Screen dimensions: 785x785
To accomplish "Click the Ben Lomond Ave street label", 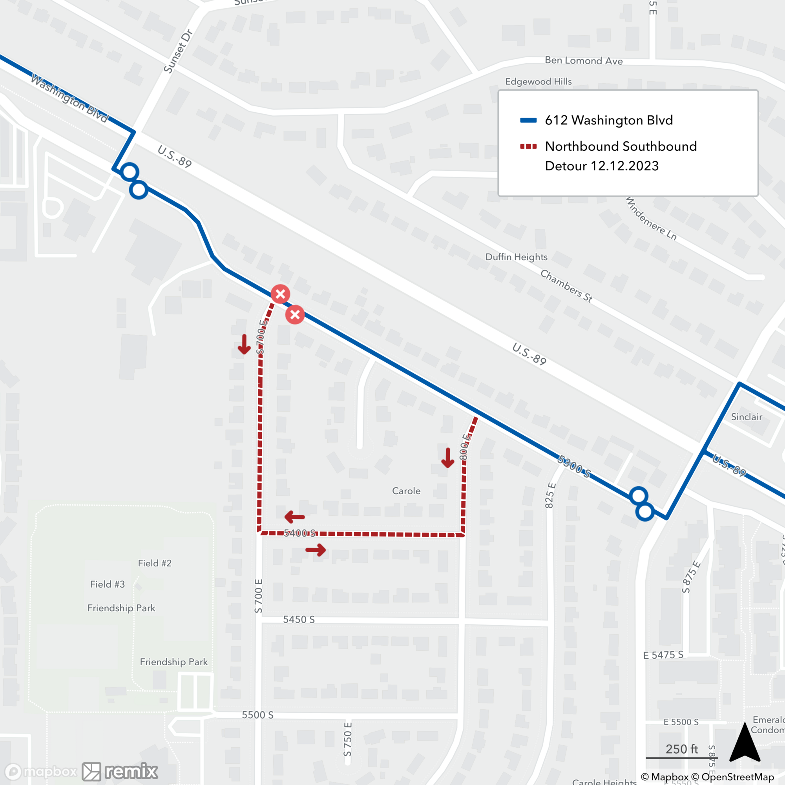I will tap(584, 60).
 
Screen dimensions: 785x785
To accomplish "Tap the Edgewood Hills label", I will tap(539, 82).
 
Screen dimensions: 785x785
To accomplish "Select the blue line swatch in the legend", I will tap(528, 120).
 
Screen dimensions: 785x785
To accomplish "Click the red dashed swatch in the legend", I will tap(528, 146).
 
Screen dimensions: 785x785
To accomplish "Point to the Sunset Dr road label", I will tap(177, 51).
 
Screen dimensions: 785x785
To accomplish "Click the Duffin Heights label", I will tap(517, 257).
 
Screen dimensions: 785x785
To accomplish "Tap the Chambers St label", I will tap(566, 286).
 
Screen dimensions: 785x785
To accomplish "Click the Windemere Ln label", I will tap(650, 219).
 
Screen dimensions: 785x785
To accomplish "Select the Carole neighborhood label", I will tap(406, 491).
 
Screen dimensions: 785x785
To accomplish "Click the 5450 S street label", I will tap(299, 619).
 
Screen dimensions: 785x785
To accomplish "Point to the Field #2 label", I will tap(154, 563).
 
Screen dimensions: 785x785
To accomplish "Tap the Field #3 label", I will tap(107, 584).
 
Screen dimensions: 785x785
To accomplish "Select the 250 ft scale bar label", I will tap(681, 748).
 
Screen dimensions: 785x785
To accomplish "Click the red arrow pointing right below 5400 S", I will tap(316, 550).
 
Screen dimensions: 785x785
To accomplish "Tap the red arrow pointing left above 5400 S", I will tap(295, 517).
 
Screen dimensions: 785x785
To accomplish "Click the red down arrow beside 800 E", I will tap(447, 458).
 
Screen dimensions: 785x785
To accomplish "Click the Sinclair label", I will tap(747, 416).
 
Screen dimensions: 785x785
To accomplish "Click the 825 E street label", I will tap(550, 495).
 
